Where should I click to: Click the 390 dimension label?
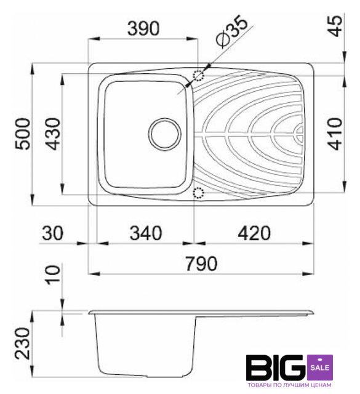pyautogui.click(x=143, y=28)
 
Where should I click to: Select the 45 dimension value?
pyautogui.click(x=336, y=26)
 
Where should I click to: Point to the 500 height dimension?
pyautogui.click(x=23, y=134)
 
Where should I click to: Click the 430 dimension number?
pyautogui.click(x=54, y=134)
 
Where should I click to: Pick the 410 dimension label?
pyautogui.click(x=335, y=134)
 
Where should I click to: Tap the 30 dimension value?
pyautogui.click(x=53, y=233)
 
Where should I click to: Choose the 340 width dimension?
pyautogui.click(x=146, y=233)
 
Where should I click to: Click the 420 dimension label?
pyautogui.click(x=254, y=233)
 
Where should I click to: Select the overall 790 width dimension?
pyautogui.click(x=201, y=263)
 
